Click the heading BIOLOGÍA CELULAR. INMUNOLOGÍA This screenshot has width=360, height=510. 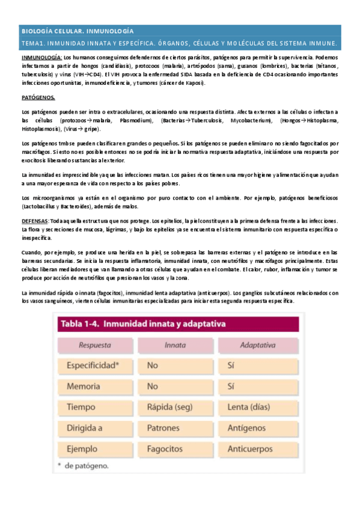tap(78, 31)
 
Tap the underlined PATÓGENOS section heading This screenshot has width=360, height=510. tap(38, 97)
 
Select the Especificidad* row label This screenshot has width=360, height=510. tap(93, 365)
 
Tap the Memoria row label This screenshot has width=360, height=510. tap(84, 386)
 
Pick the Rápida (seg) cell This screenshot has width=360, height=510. tap(169, 407)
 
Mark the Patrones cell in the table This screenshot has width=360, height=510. tap(165, 428)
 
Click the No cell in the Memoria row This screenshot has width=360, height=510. tap(153, 386)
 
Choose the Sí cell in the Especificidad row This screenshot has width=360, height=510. tap(232, 365)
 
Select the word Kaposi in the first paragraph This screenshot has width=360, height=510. tap(194, 82)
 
